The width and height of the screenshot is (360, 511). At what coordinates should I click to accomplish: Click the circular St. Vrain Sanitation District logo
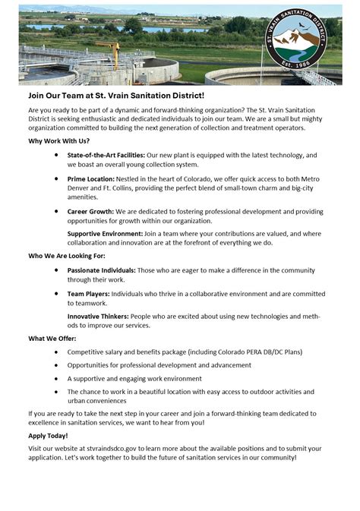point(305,43)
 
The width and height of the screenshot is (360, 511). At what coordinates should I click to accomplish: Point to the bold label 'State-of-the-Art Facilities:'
point(106,155)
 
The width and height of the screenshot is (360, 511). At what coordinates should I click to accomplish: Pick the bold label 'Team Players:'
point(88,293)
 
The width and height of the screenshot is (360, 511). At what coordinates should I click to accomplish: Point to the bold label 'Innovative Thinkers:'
point(97,315)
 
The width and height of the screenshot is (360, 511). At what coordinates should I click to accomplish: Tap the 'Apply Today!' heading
point(48,435)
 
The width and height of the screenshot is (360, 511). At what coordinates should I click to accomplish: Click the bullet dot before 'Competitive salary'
point(58,352)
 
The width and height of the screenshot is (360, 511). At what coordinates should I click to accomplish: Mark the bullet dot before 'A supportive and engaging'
point(58,378)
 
